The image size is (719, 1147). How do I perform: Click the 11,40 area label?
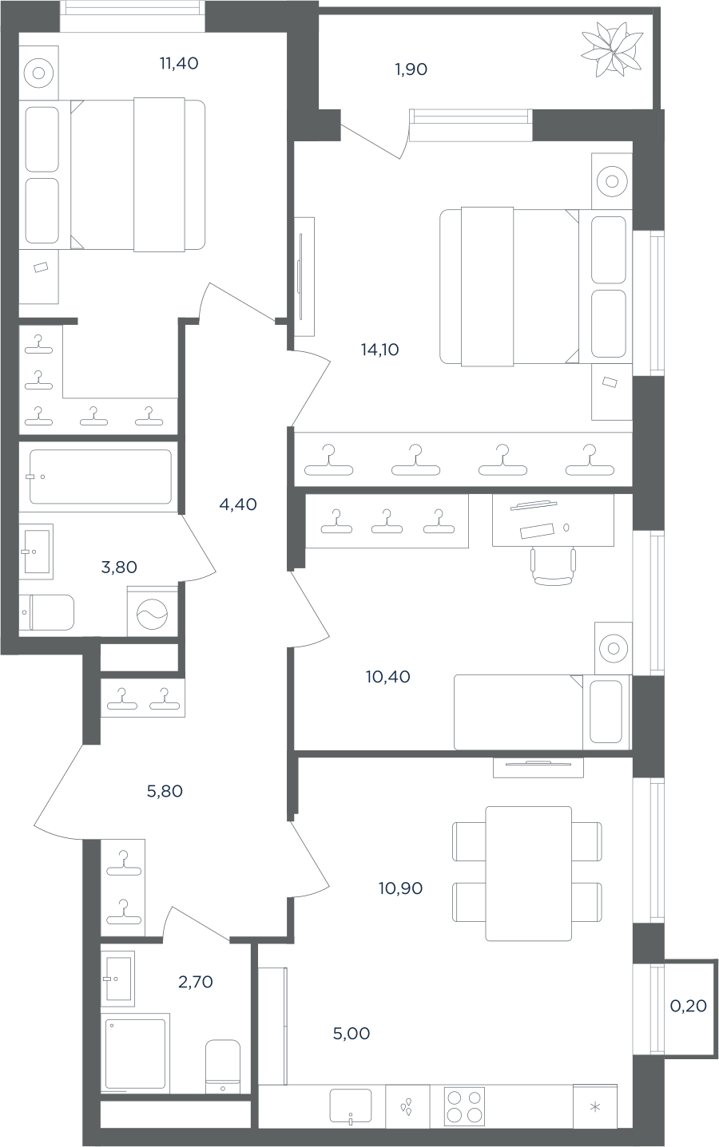179,64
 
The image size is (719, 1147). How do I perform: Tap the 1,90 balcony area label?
411,69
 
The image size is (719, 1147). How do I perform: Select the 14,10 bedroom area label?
379,350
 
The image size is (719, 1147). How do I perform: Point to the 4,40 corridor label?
238,504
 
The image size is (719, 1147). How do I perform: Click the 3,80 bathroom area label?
119,567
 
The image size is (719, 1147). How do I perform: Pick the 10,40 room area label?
388,677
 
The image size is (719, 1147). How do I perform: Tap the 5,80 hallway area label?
165,791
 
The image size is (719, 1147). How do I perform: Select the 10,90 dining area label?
401,888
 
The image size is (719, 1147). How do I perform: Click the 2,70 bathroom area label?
195,982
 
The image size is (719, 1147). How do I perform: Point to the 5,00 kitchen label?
352,1034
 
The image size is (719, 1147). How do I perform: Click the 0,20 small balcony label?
689,1006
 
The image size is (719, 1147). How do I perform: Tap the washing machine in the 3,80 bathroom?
153,611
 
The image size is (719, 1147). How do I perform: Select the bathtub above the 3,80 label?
101,477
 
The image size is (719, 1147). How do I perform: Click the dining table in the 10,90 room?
528,873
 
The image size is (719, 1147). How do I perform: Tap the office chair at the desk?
553,567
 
